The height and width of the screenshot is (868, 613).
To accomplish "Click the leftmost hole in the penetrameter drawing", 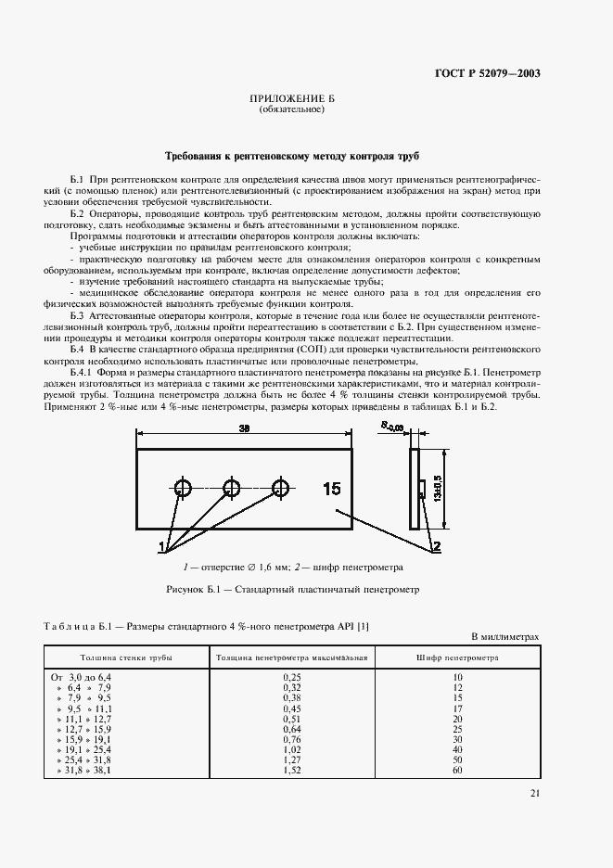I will coord(183,488).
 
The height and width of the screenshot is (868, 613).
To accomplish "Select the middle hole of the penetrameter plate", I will coord(232,488).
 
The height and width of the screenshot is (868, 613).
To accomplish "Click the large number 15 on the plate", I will coord(332,489).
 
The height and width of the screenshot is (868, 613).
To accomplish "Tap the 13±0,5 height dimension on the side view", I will coord(435,482).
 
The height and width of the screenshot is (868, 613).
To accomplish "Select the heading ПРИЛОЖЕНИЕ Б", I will coord(291,98).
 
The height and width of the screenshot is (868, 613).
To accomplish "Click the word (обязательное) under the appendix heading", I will coord(291,109).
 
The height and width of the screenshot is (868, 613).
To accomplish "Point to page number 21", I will coord(535,793).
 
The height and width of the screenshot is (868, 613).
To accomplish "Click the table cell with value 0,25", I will coord(291,678).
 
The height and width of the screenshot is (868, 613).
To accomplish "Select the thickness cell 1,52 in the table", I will coord(291,770).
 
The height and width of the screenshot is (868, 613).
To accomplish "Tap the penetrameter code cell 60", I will coord(457,770).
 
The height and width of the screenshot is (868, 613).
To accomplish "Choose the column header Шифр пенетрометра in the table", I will coord(457,657).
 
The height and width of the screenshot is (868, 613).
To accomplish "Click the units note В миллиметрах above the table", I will coord(505,637).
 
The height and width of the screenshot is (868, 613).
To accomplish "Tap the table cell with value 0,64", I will coord(291,729).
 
